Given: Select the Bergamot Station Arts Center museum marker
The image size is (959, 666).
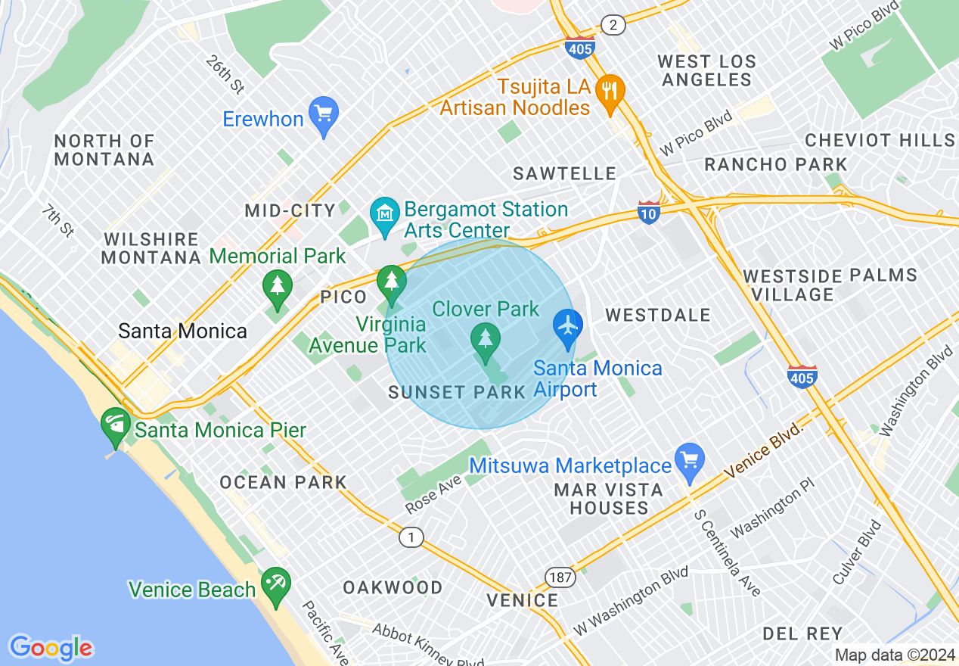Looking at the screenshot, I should click(x=385, y=215).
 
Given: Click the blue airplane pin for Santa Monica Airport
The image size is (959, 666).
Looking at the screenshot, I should click(x=567, y=327).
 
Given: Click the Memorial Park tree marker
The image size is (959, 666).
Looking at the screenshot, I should click(x=278, y=288).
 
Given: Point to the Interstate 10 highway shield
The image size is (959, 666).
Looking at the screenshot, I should click(x=649, y=211).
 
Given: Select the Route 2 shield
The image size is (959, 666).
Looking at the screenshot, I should click(x=613, y=25).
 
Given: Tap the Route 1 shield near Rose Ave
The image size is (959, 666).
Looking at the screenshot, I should click(x=411, y=537).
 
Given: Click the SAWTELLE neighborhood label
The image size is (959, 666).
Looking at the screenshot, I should click(x=564, y=174).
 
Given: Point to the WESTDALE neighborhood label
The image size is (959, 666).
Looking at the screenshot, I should click(x=658, y=315).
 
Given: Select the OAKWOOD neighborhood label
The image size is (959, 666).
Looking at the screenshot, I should click(x=393, y=587).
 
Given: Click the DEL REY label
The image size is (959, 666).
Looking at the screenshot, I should click(x=802, y=633).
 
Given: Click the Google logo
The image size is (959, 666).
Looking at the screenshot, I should click(x=51, y=648).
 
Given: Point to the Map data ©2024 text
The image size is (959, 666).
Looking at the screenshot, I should click(x=895, y=655).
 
